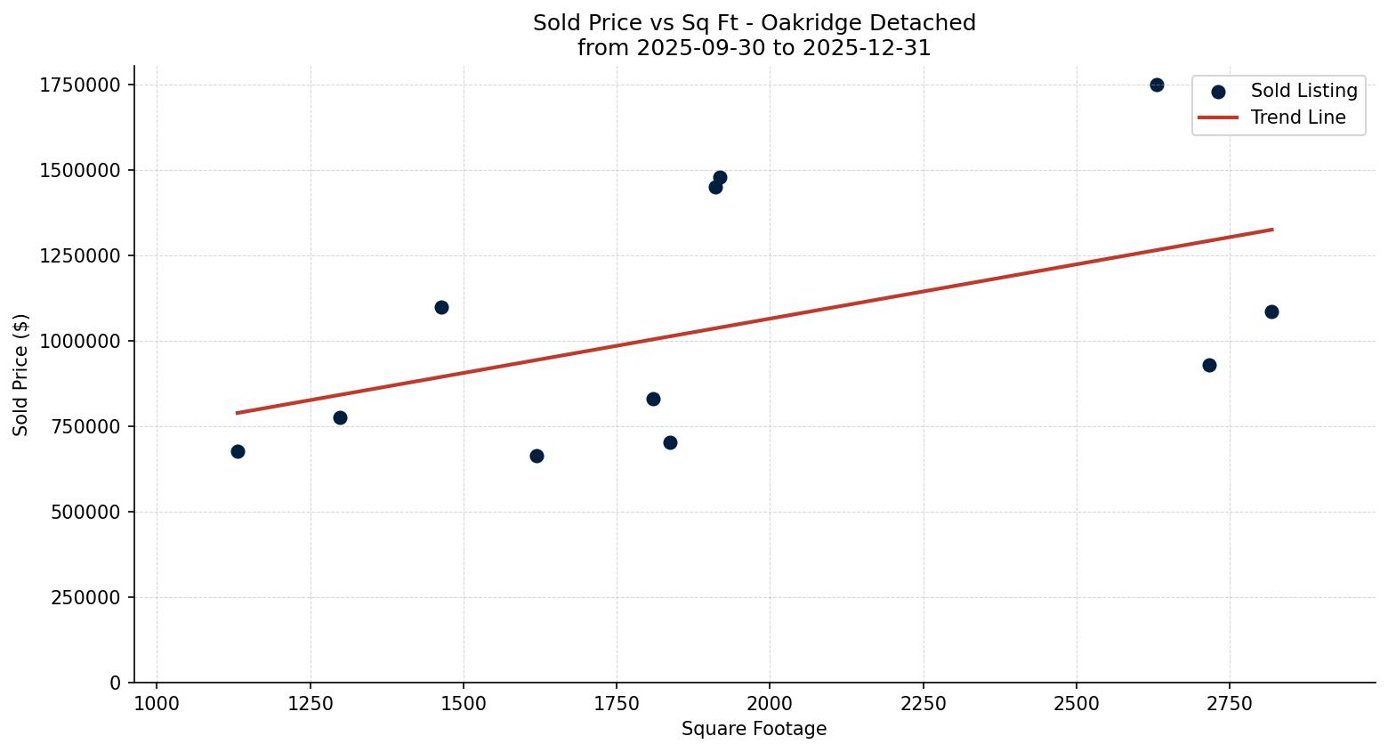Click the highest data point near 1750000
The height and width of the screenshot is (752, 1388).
click(1157, 85)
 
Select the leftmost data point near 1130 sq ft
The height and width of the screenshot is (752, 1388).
click(238, 451)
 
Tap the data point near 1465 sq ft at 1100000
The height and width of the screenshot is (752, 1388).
click(441, 307)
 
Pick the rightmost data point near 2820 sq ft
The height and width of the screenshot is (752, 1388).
click(1271, 311)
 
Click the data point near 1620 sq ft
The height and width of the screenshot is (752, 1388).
click(537, 456)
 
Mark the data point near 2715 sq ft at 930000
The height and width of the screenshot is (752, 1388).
click(1209, 365)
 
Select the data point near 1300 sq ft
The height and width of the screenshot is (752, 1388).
click(340, 417)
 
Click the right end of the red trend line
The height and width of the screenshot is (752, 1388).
click(1272, 230)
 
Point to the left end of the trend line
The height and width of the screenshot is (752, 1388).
click(237, 413)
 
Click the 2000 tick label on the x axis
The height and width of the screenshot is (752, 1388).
click(770, 703)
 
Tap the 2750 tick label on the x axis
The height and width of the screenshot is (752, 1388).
click(1230, 703)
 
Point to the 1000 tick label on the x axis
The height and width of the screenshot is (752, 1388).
click(157, 703)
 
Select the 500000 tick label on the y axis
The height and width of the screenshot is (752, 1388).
click(85, 512)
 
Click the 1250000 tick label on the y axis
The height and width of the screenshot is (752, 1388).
click(80, 255)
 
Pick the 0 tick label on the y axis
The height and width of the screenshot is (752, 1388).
click(115, 683)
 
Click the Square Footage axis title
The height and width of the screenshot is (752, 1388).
click(754, 729)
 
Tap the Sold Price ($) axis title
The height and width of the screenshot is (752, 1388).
click(21, 375)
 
